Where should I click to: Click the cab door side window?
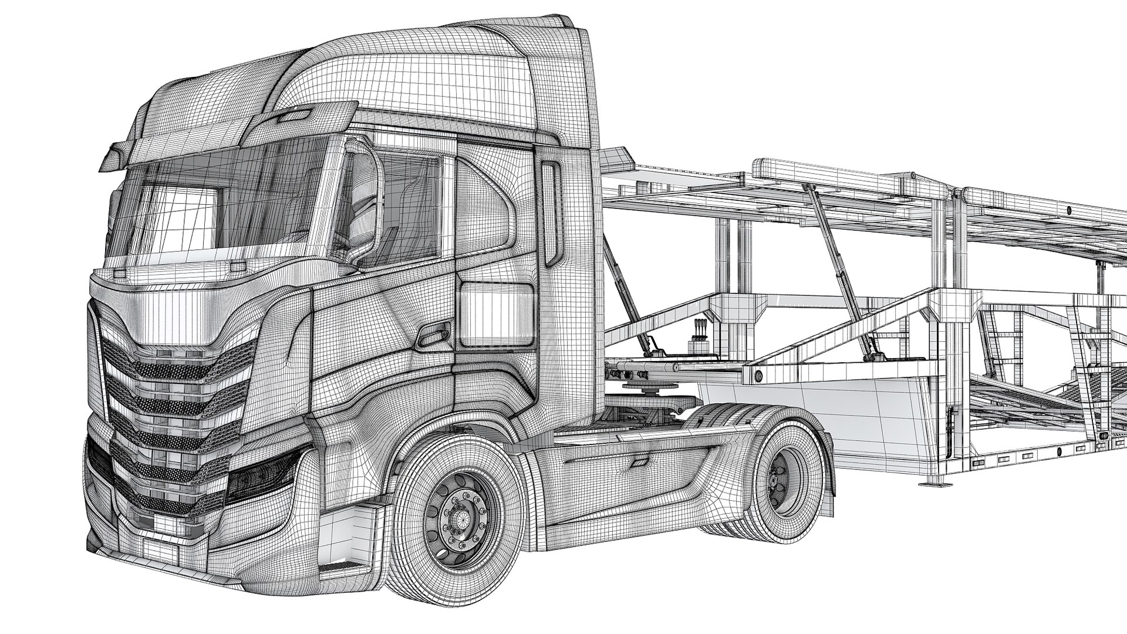pos(405,205)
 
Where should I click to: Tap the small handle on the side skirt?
pos(637,464)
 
